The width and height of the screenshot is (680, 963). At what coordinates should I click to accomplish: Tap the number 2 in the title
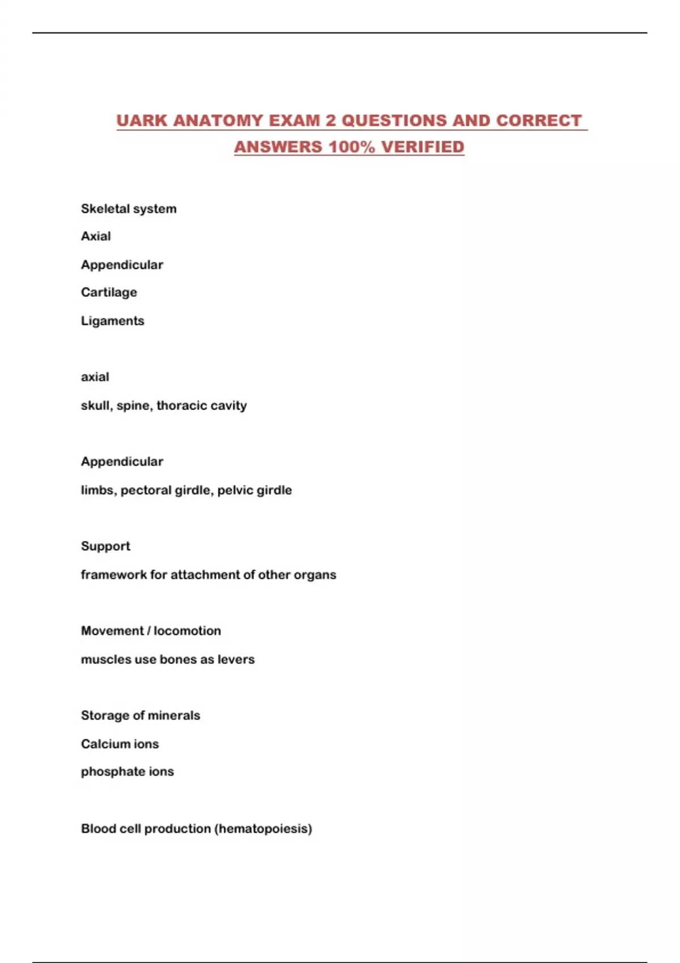pos(331,121)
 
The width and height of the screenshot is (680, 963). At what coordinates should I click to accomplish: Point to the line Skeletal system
pos(129,208)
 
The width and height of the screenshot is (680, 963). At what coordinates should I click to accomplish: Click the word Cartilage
pos(109,292)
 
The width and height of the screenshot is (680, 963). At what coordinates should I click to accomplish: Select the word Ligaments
pos(112,321)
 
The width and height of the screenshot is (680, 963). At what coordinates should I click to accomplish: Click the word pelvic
pos(234,490)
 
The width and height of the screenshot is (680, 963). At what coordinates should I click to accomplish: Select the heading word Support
pos(105,546)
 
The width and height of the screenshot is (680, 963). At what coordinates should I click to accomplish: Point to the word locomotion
pos(187,630)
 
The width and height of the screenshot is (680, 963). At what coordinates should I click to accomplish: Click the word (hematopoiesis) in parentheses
pos(263,829)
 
